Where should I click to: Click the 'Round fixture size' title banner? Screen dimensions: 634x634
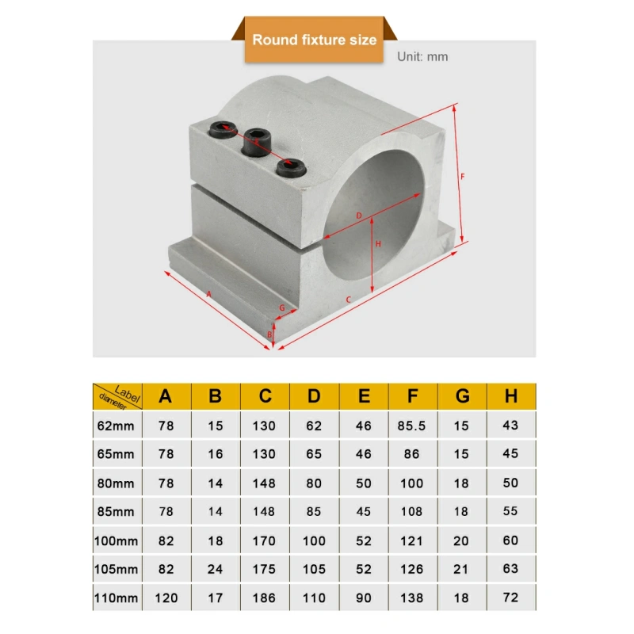coord(314,40)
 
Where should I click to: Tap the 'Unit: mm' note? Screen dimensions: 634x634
coord(422,56)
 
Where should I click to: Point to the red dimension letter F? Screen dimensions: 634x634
coord(463,176)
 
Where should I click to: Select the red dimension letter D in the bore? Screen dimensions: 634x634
coord(359,216)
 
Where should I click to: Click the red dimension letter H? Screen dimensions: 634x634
coord(378,244)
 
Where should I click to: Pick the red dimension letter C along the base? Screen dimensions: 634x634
coord(348,300)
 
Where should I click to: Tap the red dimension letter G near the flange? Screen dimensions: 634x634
coord(282,308)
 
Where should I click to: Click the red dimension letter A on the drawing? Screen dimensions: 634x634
coord(208,294)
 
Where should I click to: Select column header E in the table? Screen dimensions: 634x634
coord(364,396)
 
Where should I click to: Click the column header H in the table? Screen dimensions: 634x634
coord(511,396)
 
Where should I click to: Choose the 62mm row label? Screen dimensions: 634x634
coord(116,426)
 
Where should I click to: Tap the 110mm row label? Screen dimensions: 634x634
coord(116,598)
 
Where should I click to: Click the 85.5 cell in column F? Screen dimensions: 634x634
coord(411,426)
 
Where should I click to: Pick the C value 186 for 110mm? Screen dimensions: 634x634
coord(264,598)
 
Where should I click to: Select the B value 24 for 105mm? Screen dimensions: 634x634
coord(215,569)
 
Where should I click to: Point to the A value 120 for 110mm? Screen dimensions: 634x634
coord(166,598)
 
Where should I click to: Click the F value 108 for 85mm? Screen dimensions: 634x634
coord(411,511)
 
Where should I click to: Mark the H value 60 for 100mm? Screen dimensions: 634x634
coord(510,540)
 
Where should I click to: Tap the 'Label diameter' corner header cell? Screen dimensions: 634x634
coord(117,396)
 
